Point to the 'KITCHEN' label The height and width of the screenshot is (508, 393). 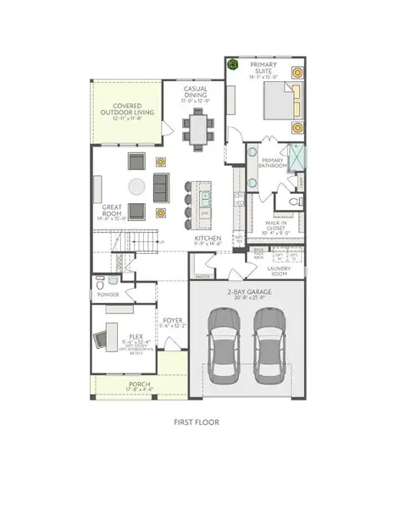[x=208, y=239]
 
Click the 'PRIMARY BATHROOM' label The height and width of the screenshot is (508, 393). [x=273, y=163]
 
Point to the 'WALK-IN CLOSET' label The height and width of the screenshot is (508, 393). [x=274, y=224]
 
